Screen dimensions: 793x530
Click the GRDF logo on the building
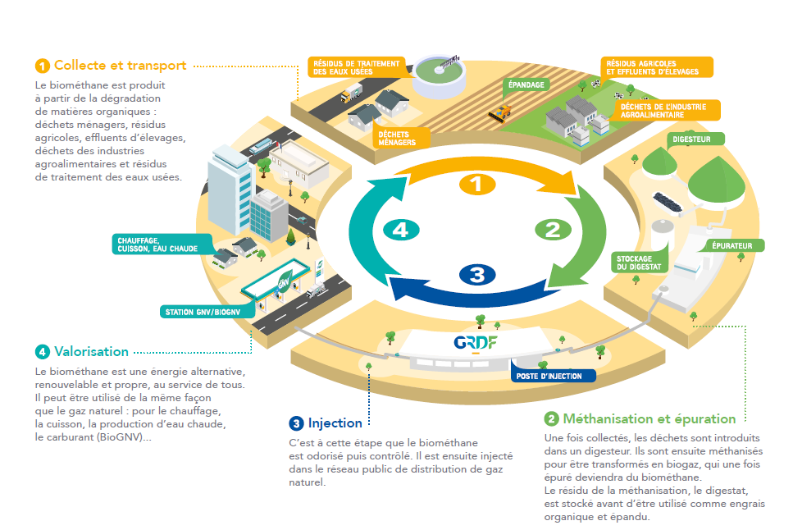tap(476, 343)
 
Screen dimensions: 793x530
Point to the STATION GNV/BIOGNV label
tap(207, 312)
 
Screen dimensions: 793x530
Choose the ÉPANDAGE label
tap(526, 85)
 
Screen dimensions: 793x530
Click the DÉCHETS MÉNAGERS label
tap(402, 138)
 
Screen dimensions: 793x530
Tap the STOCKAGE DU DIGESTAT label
tap(640, 263)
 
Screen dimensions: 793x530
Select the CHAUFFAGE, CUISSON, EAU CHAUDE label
tap(162, 244)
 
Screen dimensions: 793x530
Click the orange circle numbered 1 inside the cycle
tap(477, 185)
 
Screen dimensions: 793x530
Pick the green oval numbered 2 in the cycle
tap(553, 230)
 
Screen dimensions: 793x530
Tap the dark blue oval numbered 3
tap(477, 275)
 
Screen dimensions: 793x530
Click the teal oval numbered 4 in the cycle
tap(401, 230)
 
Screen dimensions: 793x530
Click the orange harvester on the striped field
tap(500, 112)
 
